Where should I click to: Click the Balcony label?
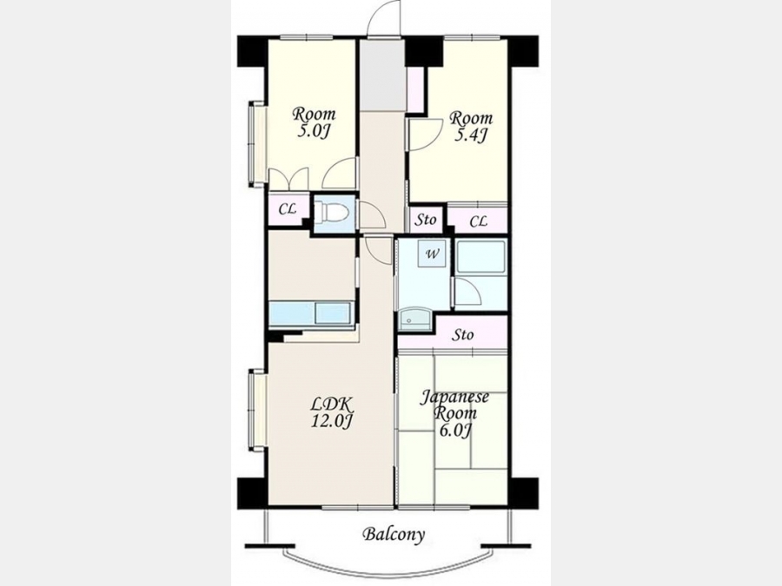click(x=394, y=535)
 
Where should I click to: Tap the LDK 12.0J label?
click(x=332, y=412)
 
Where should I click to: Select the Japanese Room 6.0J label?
click(x=454, y=413)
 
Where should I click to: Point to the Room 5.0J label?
click(x=314, y=122)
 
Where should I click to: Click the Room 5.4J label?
click(x=471, y=127)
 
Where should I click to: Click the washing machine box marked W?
click(x=432, y=254)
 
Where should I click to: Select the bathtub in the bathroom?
click(x=480, y=257)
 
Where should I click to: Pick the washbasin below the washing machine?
click(x=414, y=319)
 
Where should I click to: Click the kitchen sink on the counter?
click(x=333, y=313)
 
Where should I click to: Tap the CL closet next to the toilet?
click(x=288, y=209)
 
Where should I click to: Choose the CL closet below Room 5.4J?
click(x=478, y=220)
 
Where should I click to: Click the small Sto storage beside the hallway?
click(x=426, y=220)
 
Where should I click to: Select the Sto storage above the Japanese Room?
click(x=462, y=335)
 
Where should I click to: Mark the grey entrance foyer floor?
click(x=382, y=75)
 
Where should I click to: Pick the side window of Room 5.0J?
click(x=257, y=144)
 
